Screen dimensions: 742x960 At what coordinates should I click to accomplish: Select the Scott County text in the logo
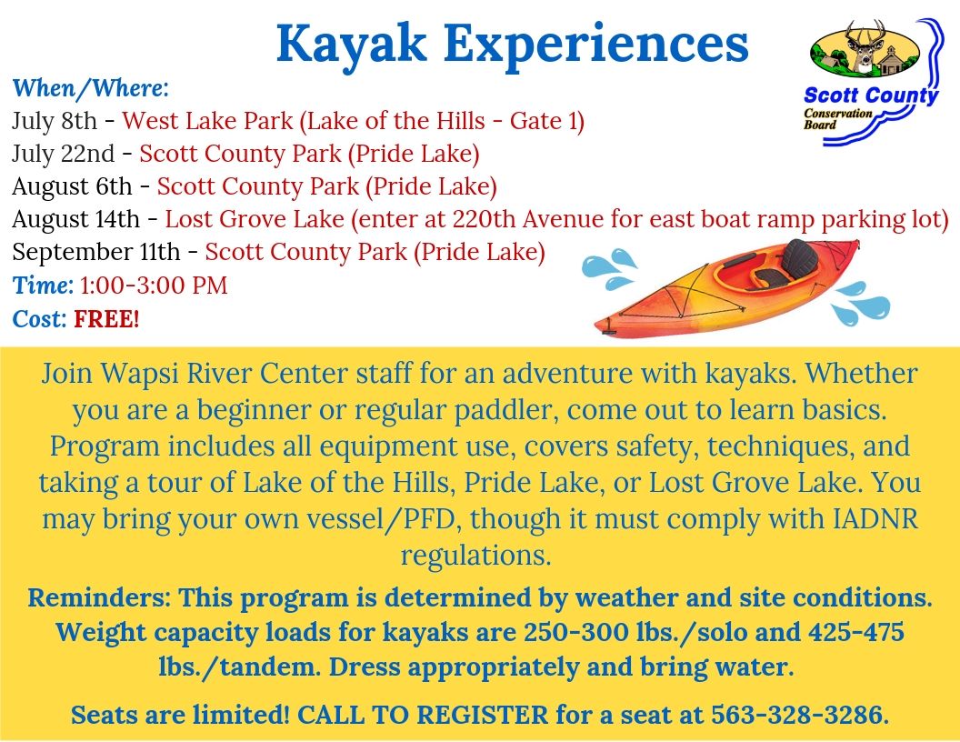[x=871, y=95]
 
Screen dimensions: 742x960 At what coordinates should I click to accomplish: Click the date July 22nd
[x=63, y=154]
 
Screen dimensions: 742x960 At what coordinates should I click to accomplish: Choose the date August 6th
[x=72, y=186]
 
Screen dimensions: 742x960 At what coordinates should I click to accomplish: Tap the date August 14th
[x=75, y=219]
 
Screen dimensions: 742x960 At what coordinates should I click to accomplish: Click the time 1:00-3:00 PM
[x=154, y=286]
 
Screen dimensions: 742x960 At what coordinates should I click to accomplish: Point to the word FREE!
[x=106, y=319]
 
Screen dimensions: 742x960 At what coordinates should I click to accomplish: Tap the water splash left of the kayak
[x=605, y=266]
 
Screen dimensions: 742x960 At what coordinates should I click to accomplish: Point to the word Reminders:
[x=99, y=598]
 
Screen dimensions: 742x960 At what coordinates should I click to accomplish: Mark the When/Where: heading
[x=90, y=88]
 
